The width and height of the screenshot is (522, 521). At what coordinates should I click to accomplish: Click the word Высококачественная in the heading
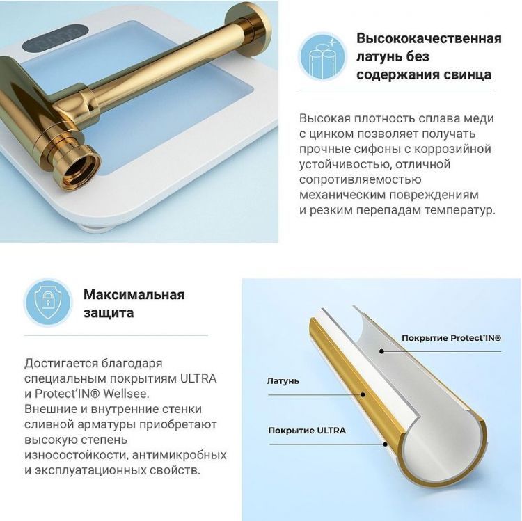429,38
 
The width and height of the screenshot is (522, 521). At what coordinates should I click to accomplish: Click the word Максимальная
134,294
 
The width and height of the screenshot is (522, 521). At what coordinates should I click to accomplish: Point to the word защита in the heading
109,313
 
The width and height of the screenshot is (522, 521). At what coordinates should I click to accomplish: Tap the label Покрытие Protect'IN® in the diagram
451,338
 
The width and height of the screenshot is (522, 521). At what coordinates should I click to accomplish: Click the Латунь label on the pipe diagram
283,381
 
